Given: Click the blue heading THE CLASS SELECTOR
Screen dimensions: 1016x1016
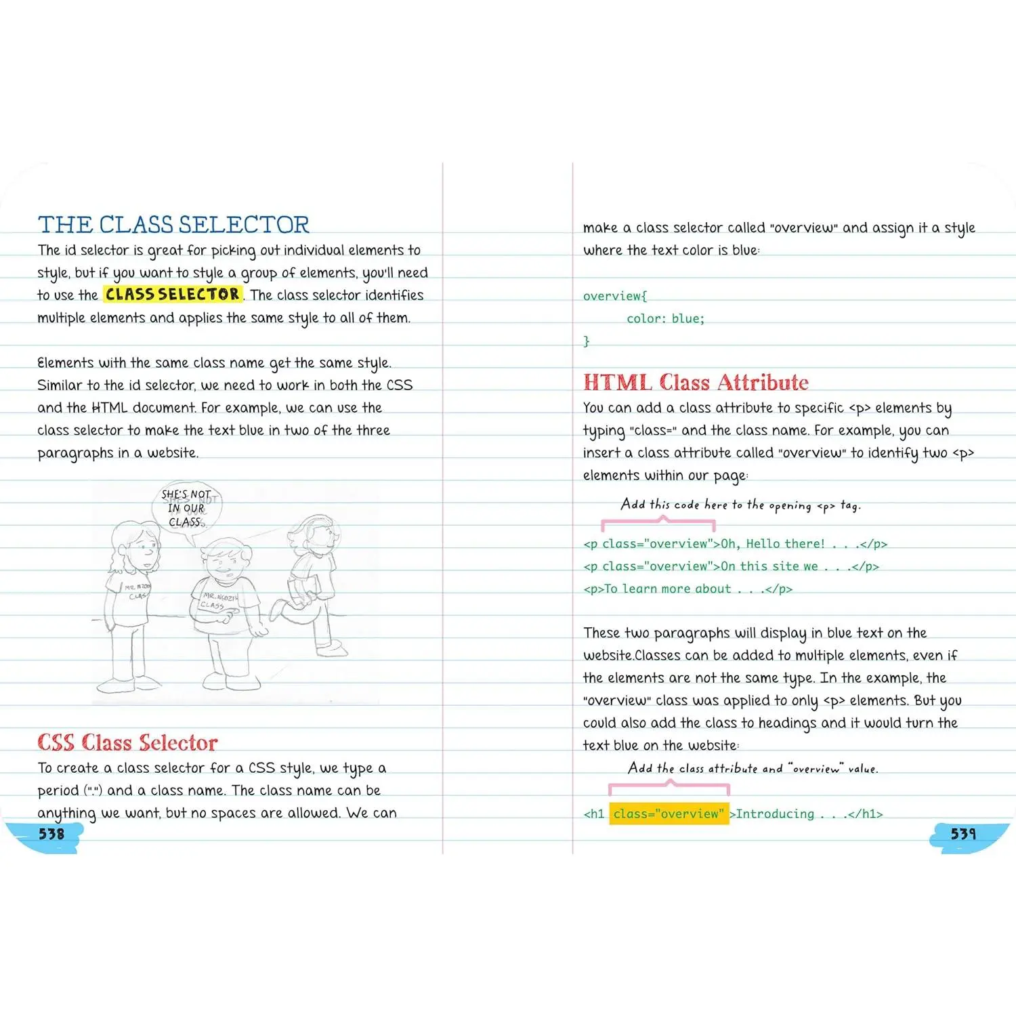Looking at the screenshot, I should tap(173, 224).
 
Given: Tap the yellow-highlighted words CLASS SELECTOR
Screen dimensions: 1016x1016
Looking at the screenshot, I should tap(173, 294).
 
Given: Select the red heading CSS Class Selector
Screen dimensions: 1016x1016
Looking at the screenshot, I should tap(127, 742).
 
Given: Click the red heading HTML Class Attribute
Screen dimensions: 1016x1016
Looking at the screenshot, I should tap(696, 382).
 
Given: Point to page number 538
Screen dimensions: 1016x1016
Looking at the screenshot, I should tap(51, 834).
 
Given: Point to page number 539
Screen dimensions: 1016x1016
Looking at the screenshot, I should tap(962, 834).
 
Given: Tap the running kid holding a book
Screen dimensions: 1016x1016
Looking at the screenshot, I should tap(311, 583).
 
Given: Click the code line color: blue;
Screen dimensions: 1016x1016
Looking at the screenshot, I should tap(665, 318).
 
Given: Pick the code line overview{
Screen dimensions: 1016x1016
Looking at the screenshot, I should tap(615, 296).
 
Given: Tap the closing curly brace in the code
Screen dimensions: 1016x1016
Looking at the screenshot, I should tap(587, 341).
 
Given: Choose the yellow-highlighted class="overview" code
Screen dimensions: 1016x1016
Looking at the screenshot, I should tap(669, 813).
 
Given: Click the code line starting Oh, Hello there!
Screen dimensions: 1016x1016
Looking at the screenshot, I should tap(735, 544).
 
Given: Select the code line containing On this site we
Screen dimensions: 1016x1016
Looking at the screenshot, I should tap(731, 566).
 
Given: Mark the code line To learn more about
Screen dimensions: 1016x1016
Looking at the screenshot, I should tap(687, 589).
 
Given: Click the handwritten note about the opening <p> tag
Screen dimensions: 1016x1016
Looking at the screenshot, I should tap(740, 505).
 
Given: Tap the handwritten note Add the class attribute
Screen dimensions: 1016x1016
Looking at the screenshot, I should tap(753, 768).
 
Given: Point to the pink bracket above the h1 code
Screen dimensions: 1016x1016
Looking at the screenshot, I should tap(669, 787).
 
